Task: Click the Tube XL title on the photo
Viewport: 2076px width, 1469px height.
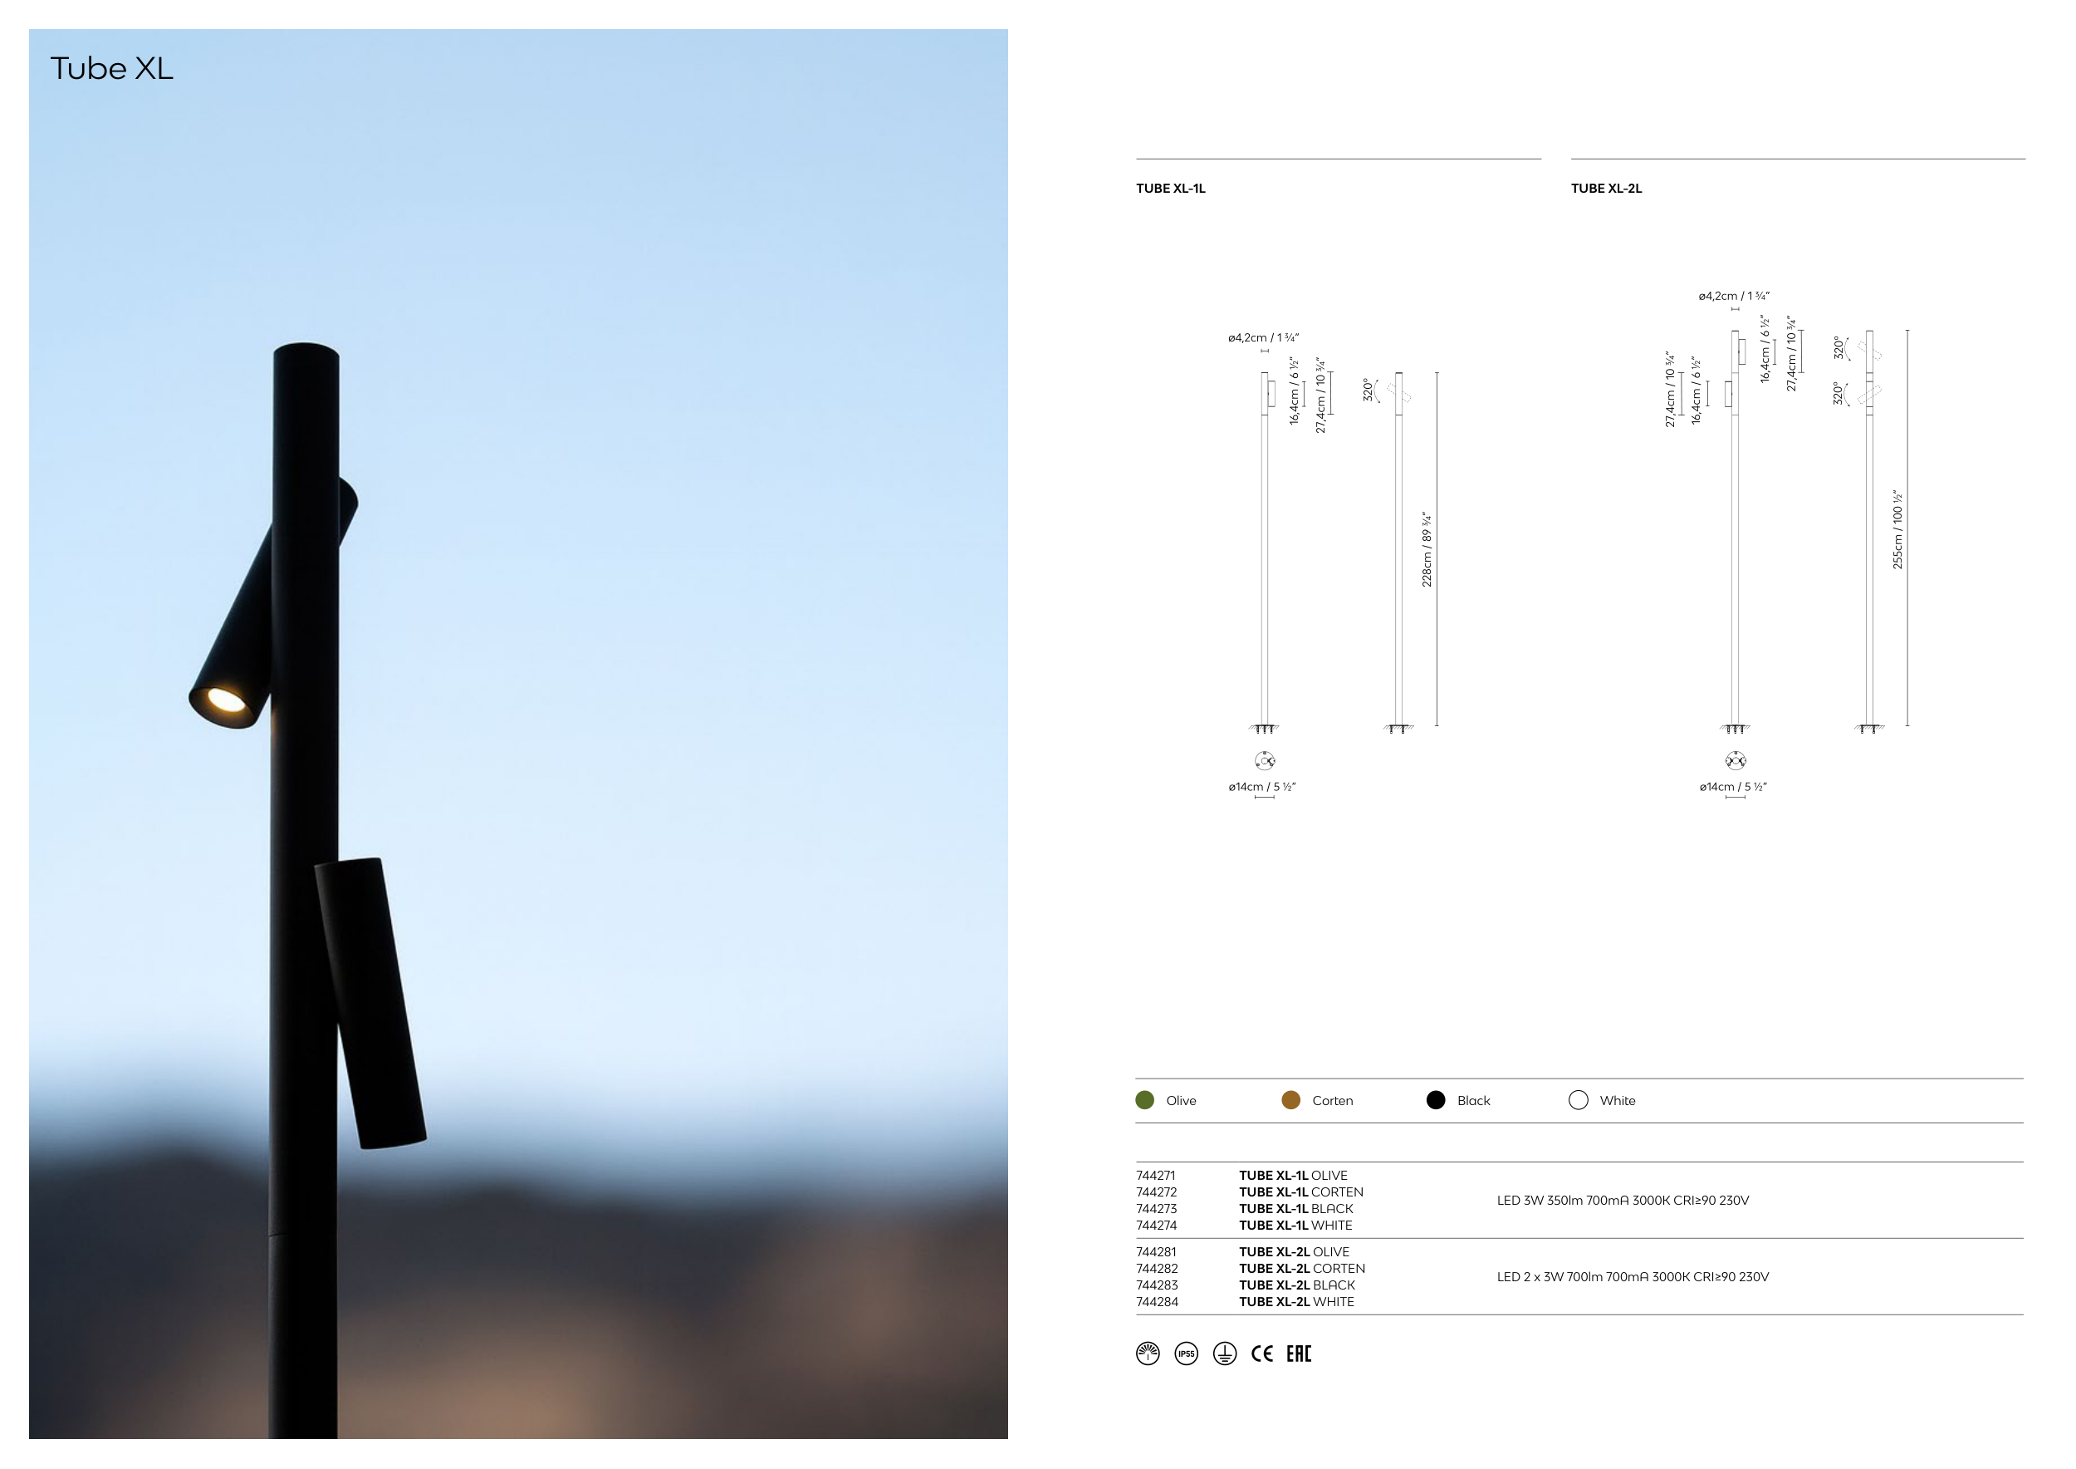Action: (111, 69)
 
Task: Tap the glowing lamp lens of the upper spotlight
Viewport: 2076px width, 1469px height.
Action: (225, 700)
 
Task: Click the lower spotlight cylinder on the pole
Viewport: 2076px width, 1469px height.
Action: (370, 1003)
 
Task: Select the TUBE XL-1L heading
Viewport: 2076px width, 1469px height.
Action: (1170, 188)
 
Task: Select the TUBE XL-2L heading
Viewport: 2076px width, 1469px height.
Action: (1606, 188)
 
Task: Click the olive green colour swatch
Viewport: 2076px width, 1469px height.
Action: (1144, 1100)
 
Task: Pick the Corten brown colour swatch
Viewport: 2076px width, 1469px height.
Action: (1291, 1100)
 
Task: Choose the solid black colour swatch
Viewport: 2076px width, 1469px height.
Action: (1436, 1100)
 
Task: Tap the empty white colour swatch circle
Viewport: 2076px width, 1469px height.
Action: (1579, 1100)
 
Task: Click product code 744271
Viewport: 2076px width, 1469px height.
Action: (1156, 1176)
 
